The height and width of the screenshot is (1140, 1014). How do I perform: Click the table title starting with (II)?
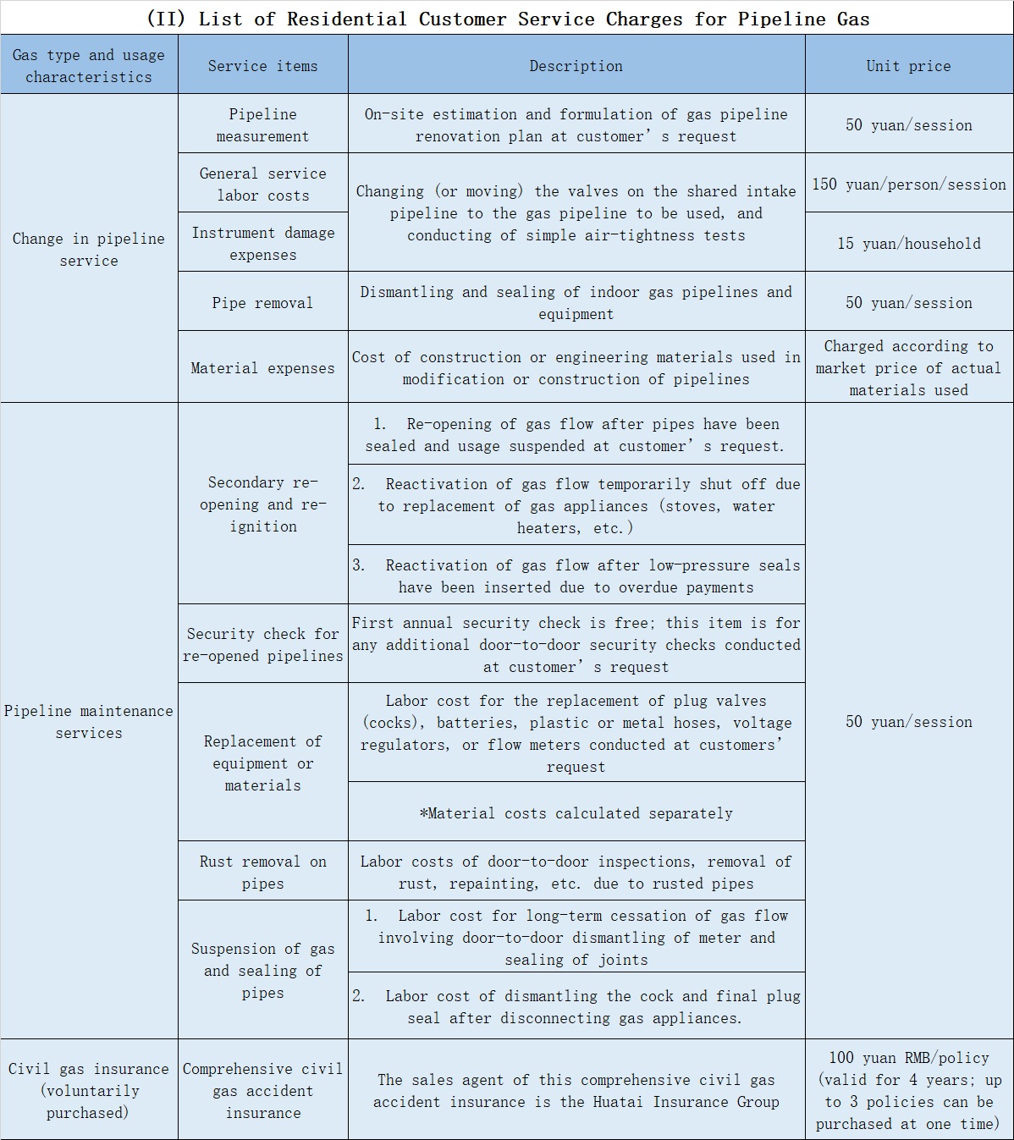tap(508, 19)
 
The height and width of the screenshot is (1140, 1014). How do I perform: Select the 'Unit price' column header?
tap(908, 66)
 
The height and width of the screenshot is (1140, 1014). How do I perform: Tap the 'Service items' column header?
tap(262, 66)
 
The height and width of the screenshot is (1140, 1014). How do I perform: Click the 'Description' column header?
tap(576, 66)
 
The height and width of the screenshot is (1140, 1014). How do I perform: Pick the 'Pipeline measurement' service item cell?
tap(262, 125)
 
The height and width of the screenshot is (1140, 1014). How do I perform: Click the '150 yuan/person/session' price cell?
tap(908, 184)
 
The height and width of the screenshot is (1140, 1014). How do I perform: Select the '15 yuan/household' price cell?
tap(908, 244)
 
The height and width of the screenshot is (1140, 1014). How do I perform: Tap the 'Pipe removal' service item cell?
tap(262, 303)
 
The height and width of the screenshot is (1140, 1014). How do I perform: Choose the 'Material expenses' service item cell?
tap(262, 368)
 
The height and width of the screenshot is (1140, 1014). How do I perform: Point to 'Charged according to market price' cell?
tap(908, 368)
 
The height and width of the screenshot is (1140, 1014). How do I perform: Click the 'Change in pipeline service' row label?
tap(89, 250)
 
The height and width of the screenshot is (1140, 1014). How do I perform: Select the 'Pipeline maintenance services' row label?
tap(89, 722)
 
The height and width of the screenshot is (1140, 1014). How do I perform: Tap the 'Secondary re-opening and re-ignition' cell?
tap(262, 504)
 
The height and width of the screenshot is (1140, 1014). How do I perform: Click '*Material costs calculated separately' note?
tap(576, 813)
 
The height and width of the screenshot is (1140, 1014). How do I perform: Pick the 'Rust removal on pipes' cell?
tap(262, 873)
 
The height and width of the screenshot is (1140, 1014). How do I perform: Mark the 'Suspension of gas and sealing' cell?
tap(262, 971)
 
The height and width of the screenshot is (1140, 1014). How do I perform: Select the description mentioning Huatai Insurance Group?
tap(576, 1091)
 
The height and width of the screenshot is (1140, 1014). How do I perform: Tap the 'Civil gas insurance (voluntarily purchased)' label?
tap(89, 1091)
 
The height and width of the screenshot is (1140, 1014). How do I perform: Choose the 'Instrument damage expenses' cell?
tap(262, 244)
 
